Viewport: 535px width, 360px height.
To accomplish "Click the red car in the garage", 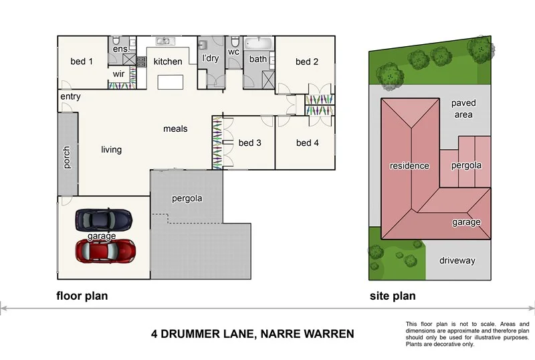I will pyautogui.click(x=105, y=251).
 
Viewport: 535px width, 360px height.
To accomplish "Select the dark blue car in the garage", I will pyautogui.click(x=104, y=219).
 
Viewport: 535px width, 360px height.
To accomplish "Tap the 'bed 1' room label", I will pyautogui.click(x=82, y=62).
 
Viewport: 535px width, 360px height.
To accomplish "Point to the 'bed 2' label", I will pyautogui.click(x=306, y=62).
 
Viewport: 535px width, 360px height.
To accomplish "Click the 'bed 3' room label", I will pyautogui.click(x=249, y=143).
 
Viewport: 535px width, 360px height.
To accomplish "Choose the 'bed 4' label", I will pyautogui.click(x=306, y=143).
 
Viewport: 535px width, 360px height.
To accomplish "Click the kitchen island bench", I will pyautogui.click(x=170, y=83).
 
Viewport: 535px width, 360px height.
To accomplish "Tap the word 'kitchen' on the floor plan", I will pyautogui.click(x=168, y=62).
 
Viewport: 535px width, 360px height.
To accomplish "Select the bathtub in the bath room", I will pyautogui.click(x=258, y=44).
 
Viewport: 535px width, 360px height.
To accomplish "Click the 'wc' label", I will pyautogui.click(x=233, y=52).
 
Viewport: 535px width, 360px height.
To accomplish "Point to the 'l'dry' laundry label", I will pyautogui.click(x=211, y=59).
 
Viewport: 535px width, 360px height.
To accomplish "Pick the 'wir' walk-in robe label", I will pyautogui.click(x=119, y=74).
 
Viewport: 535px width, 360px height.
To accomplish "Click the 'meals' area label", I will pyautogui.click(x=175, y=128).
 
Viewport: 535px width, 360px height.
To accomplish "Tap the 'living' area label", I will pyautogui.click(x=112, y=149).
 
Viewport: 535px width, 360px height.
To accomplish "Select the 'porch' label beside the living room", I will pyautogui.click(x=66, y=158).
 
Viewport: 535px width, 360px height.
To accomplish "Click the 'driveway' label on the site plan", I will pyautogui.click(x=457, y=260).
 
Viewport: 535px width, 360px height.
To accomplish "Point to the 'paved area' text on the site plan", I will pyautogui.click(x=463, y=109).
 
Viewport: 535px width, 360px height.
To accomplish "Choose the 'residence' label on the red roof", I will pyautogui.click(x=410, y=165).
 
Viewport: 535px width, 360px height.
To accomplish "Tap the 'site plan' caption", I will pyautogui.click(x=393, y=296).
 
